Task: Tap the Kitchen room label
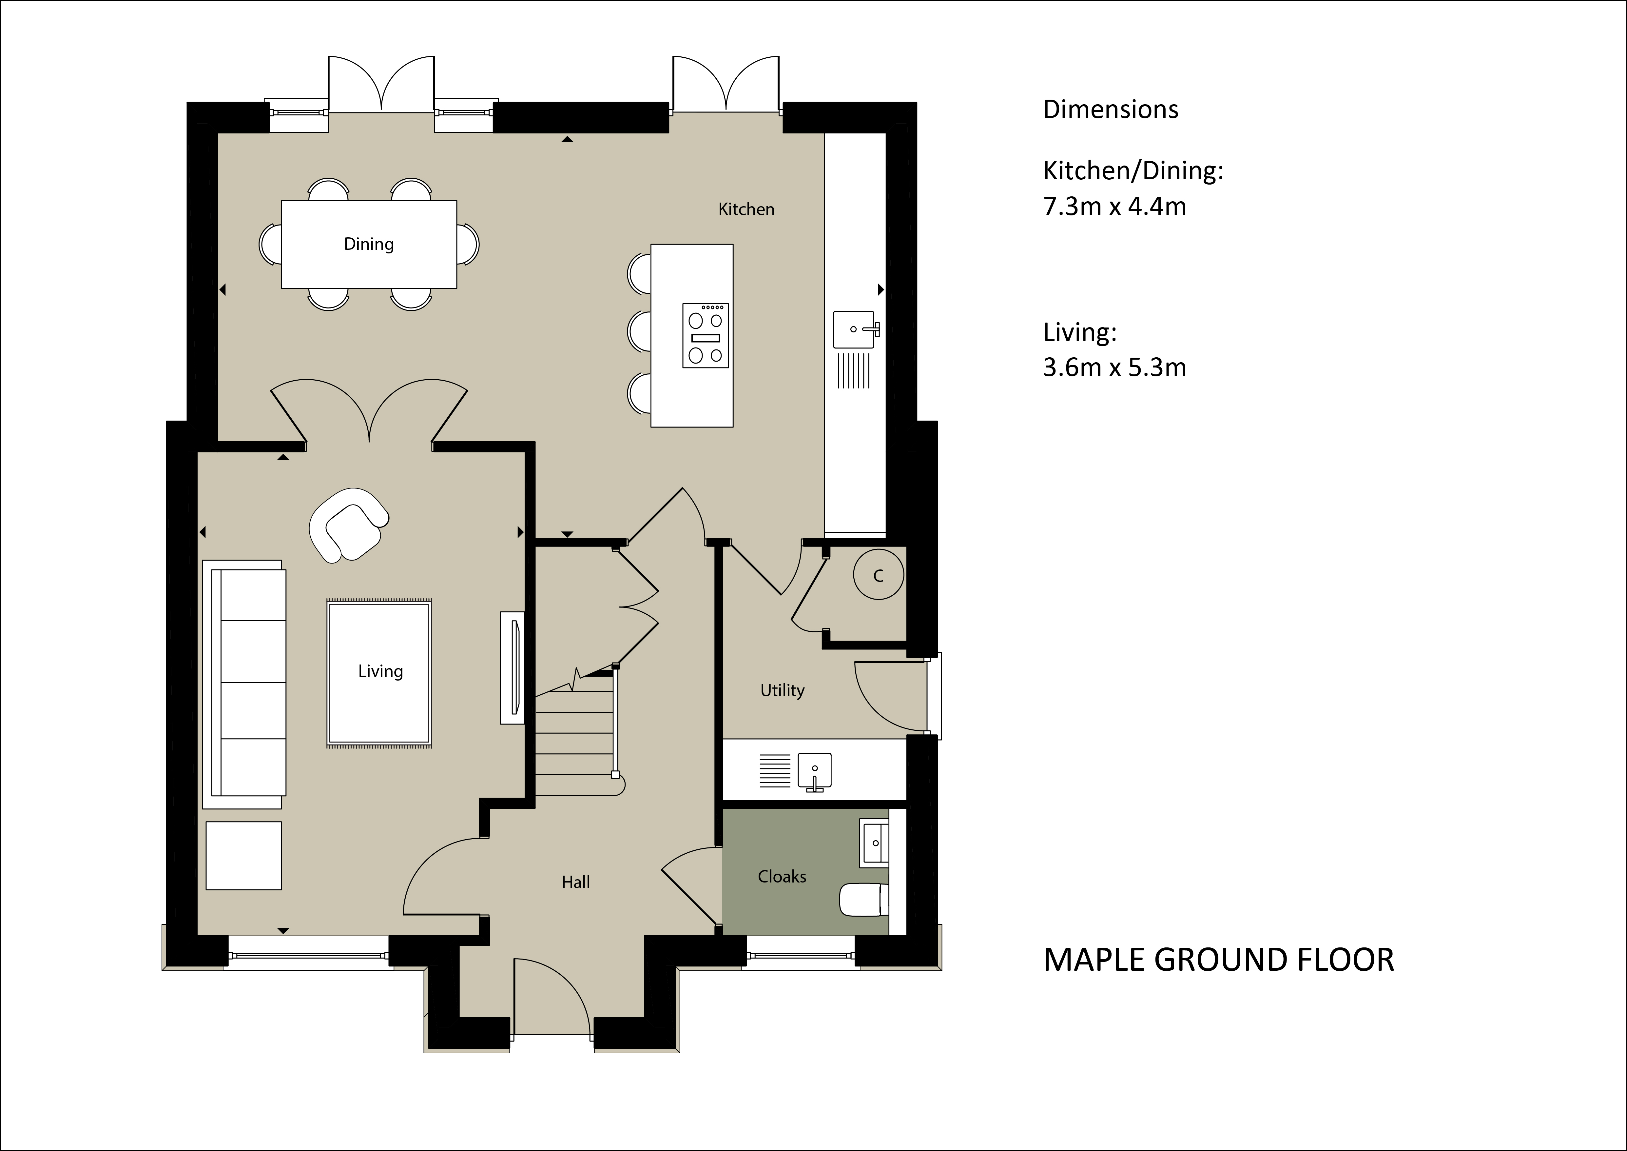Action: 746,209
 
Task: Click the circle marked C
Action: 879,575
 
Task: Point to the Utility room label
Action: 782,690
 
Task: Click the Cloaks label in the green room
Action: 782,877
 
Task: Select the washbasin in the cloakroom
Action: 874,843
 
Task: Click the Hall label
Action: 575,883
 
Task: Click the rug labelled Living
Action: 379,673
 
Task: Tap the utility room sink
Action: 815,771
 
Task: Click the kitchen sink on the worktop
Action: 855,329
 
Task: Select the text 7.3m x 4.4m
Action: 1115,206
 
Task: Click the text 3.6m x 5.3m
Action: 1115,367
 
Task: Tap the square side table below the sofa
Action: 244,855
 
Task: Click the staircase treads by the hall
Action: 574,737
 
